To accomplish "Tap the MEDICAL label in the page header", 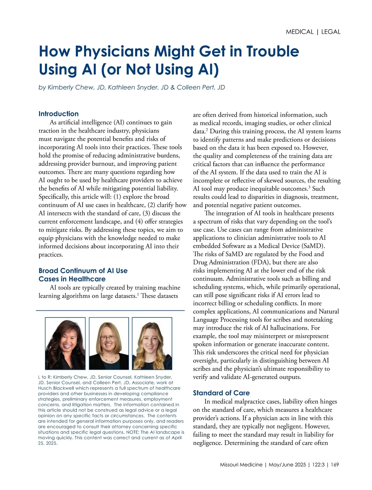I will [299, 32].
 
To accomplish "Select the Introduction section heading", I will [59, 114].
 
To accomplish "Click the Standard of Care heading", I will [221, 393].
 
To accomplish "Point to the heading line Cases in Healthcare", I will [72, 279].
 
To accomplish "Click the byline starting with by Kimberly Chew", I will [132, 87].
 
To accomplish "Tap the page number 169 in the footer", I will [334, 465].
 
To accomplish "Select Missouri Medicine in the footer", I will [241, 465].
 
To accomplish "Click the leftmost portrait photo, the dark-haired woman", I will [65, 343].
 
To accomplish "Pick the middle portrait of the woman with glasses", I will [108, 343].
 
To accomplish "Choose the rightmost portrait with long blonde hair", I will [152, 343].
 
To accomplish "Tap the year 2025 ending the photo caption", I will [51, 443].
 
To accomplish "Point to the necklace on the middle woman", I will [108, 359].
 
